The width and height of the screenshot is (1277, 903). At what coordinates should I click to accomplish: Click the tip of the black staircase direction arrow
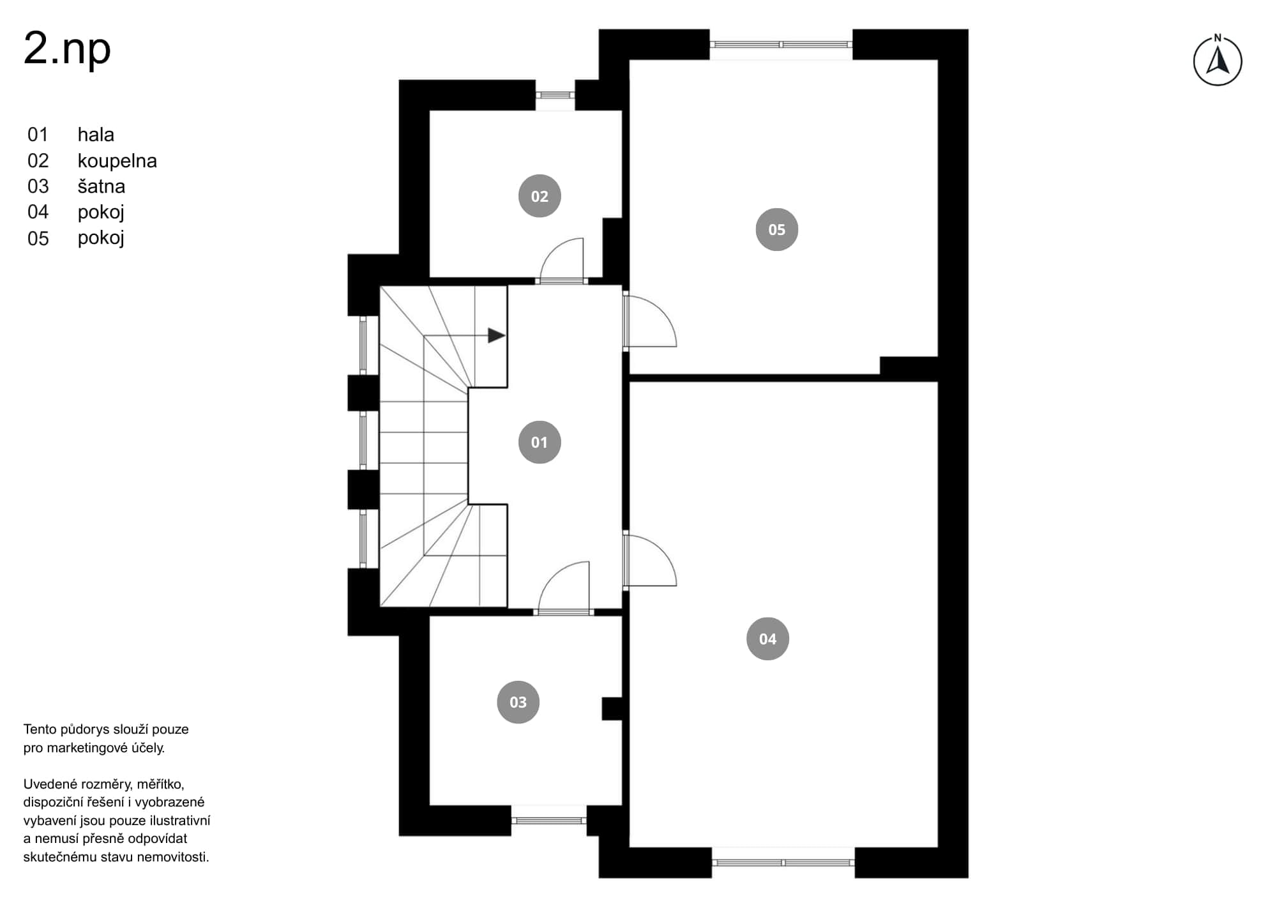point(506,335)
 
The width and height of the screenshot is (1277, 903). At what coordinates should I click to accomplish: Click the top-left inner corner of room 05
point(630,60)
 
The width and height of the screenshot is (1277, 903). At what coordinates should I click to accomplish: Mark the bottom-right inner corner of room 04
point(937,847)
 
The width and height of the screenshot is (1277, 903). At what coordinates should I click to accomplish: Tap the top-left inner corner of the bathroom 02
point(430,110)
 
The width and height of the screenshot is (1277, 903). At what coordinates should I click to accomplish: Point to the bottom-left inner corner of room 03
point(430,805)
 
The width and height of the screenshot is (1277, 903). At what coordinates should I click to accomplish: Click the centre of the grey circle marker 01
point(540,442)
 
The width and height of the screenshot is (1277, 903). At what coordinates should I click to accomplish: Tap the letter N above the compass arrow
point(1218,38)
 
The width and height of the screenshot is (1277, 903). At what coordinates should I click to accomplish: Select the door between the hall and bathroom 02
point(562,261)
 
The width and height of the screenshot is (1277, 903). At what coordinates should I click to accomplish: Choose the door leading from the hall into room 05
point(649,319)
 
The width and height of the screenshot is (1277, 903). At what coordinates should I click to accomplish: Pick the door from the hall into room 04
point(649,560)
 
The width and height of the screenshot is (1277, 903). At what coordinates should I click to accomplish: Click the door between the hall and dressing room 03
point(564,588)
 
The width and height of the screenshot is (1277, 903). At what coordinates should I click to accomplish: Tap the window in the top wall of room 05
point(781,45)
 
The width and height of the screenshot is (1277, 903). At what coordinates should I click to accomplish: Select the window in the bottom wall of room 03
point(549,820)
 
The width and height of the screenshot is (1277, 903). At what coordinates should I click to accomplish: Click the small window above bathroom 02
point(555,95)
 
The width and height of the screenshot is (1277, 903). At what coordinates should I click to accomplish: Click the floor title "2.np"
point(67,49)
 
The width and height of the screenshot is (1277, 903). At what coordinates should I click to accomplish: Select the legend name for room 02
point(117,161)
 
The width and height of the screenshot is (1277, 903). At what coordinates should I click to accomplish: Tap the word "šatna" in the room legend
point(102,186)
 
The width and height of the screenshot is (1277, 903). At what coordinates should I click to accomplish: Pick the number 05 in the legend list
point(38,238)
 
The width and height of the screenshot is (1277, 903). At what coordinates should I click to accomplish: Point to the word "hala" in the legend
point(96,135)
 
